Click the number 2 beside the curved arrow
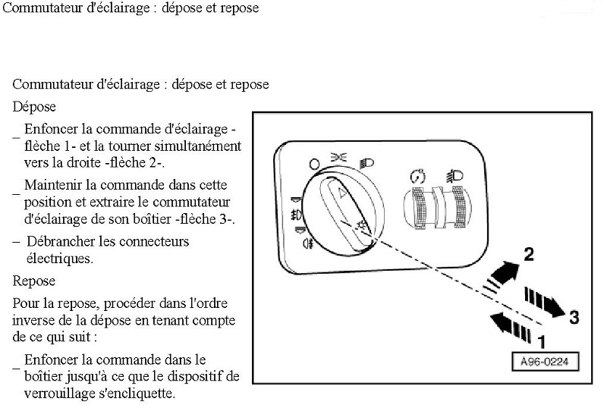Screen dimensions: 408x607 [529, 254]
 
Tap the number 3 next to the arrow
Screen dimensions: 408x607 [574, 317]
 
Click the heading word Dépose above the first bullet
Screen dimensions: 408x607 [34, 107]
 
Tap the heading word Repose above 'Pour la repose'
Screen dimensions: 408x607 [34, 281]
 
